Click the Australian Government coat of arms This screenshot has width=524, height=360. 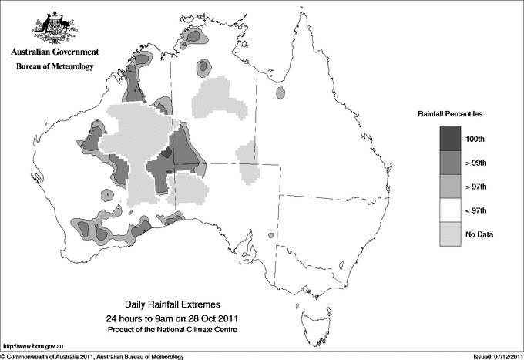[x=55, y=28]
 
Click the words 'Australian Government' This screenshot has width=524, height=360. [x=55, y=52]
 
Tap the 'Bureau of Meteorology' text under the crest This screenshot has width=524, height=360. [x=55, y=66]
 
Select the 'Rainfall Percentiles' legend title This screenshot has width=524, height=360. [x=450, y=113]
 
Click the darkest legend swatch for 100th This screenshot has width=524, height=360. [x=452, y=139]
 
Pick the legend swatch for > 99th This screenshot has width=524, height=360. [x=452, y=163]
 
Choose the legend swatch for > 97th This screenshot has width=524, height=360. [x=452, y=187]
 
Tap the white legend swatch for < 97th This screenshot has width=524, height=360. [x=452, y=210]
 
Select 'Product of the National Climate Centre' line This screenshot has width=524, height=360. [x=177, y=329]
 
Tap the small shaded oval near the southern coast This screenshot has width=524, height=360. [x=270, y=236]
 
